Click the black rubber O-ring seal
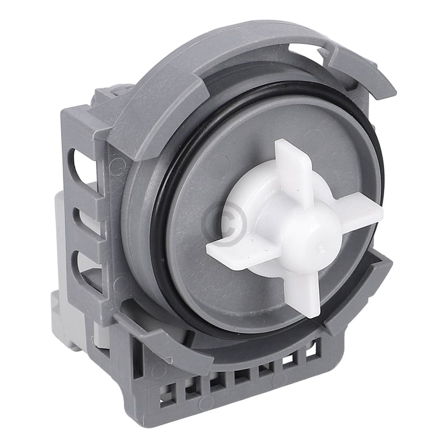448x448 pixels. click(x=162, y=224)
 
